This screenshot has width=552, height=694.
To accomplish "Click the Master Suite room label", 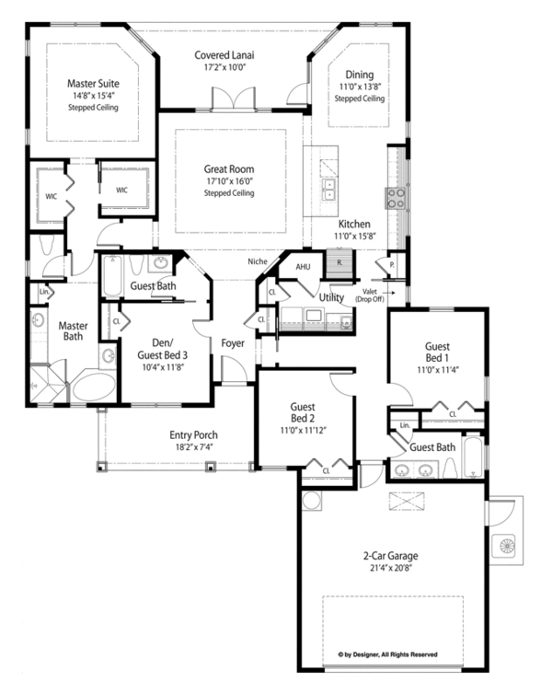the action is (x=93, y=83).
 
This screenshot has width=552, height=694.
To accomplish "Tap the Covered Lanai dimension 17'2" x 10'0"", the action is (x=224, y=67).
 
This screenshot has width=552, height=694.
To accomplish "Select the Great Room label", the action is (x=229, y=169).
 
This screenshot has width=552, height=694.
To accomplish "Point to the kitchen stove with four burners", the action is (x=396, y=198).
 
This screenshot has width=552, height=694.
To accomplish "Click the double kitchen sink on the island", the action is (x=329, y=190).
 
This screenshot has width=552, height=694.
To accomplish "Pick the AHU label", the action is (x=303, y=266).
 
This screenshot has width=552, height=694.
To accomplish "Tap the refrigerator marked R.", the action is (x=340, y=262).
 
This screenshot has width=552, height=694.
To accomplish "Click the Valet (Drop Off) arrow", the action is (x=388, y=293).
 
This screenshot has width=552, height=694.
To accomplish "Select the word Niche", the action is (x=258, y=261).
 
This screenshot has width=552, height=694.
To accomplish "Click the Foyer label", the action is (x=233, y=343).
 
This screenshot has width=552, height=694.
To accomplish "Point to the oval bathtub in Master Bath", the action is (x=94, y=387).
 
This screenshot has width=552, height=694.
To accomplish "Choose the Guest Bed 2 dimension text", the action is (x=303, y=430).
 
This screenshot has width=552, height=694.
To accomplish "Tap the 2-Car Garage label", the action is (x=391, y=556).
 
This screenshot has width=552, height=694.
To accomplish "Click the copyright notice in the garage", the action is (x=388, y=654).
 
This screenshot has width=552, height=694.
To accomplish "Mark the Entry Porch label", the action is (x=194, y=435).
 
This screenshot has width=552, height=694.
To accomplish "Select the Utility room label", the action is (x=331, y=297).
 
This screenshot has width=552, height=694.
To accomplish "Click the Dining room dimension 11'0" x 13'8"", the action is (x=360, y=87).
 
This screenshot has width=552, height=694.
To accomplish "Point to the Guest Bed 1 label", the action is (x=437, y=352).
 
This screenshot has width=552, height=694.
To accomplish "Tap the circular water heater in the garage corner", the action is (x=311, y=501).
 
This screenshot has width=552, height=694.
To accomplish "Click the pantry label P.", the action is (x=392, y=265).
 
